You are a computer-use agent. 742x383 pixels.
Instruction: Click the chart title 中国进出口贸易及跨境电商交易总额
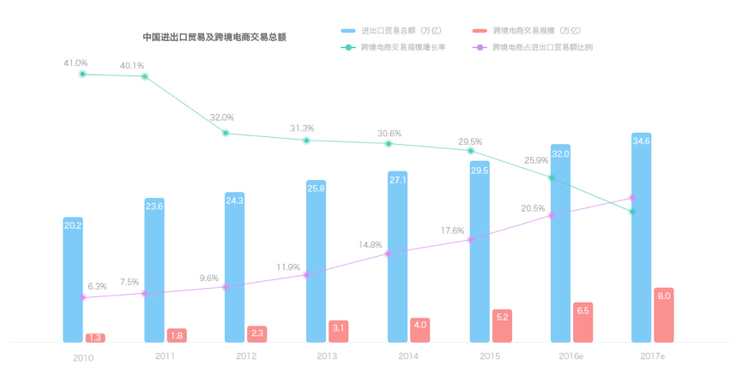(x=214, y=38)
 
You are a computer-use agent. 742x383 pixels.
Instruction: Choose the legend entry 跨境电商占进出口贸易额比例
(x=542, y=47)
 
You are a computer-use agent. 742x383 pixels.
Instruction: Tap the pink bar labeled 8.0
(x=664, y=315)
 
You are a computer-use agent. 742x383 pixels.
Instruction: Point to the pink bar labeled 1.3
(x=95, y=338)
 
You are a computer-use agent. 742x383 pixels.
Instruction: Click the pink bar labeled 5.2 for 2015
(x=502, y=326)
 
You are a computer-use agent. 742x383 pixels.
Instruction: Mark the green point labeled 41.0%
(x=82, y=75)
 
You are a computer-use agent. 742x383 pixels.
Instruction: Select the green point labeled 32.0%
(x=226, y=133)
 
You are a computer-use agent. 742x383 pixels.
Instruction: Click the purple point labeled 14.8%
(x=389, y=254)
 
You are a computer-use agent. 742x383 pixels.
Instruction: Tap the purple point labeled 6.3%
(x=82, y=297)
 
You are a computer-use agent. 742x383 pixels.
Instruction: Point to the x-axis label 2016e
(x=571, y=356)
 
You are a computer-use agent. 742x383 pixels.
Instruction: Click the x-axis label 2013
(x=327, y=356)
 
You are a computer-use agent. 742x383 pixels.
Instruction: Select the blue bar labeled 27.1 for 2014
(x=398, y=257)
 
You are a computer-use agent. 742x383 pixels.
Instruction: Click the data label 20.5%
(x=533, y=208)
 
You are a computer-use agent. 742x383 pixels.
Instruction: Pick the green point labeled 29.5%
(x=470, y=151)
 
